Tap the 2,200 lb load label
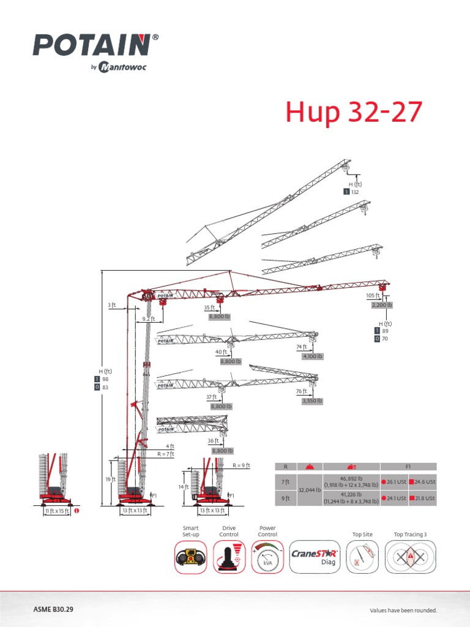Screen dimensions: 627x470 pos(382,304)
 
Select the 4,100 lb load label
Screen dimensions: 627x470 pos(312,356)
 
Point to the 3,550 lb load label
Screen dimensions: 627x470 pos(311,400)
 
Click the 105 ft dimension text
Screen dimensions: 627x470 pos(373,295)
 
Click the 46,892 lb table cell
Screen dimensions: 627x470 pos(351,481)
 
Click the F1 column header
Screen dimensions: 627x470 pos(408,466)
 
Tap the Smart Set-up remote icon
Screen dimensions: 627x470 pos(190,557)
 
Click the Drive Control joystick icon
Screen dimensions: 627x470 pos(229,557)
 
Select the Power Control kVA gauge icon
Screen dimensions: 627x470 pos(267,557)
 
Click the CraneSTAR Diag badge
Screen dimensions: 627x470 pos(314,557)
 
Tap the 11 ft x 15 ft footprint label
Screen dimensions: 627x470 pos(58,511)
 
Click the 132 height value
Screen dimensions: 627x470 pos(354,192)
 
